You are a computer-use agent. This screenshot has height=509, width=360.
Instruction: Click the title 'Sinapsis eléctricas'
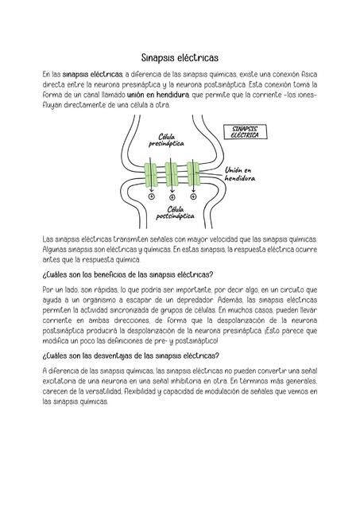pyautogui.click(x=180, y=57)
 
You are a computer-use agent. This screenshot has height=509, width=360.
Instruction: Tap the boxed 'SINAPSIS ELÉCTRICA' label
pyautogui.click(x=249, y=132)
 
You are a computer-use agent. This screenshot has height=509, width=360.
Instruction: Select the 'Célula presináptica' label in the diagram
pyautogui.click(x=166, y=142)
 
